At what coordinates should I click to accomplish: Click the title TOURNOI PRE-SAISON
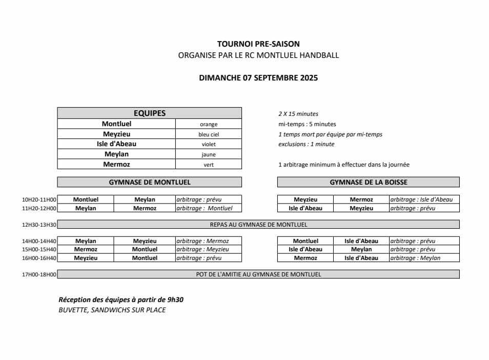pyautogui.click(x=258, y=44)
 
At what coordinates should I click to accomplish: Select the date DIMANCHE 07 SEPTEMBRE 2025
pyautogui.click(x=258, y=78)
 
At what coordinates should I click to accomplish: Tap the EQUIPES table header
pyautogui.click(x=149, y=113)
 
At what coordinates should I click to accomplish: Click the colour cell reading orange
pyautogui.click(x=209, y=124)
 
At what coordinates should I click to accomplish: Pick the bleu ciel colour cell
pyautogui.click(x=209, y=134)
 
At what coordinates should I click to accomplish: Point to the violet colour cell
pyautogui.click(x=209, y=144)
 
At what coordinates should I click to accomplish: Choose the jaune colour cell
pyautogui.click(x=209, y=154)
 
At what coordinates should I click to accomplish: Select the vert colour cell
pyautogui.click(x=209, y=165)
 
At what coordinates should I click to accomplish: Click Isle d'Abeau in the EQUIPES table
pyautogui.click(x=116, y=144)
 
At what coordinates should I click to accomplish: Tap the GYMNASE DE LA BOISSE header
pyautogui.click(x=369, y=182)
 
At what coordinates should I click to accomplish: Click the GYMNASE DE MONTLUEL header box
pyautogui.click(x=149, y=182)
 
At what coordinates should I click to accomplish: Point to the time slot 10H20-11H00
pyautogui.click(x=39, y=199)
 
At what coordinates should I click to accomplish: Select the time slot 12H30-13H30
pyautogui.click(x=39, y=225)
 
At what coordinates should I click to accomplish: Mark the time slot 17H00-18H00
pyautogui.click(x=39, y=274)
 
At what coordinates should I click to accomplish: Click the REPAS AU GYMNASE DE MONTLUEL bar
pyautogui.click(x=258, y=225)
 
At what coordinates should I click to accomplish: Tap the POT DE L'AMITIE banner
pyautogui.click(x=258, y=274)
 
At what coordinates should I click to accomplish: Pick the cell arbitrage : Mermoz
pyautogui.click(x=202, y=241)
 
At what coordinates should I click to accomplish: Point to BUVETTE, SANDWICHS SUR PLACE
pyautogui.click(x=112, y=310)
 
